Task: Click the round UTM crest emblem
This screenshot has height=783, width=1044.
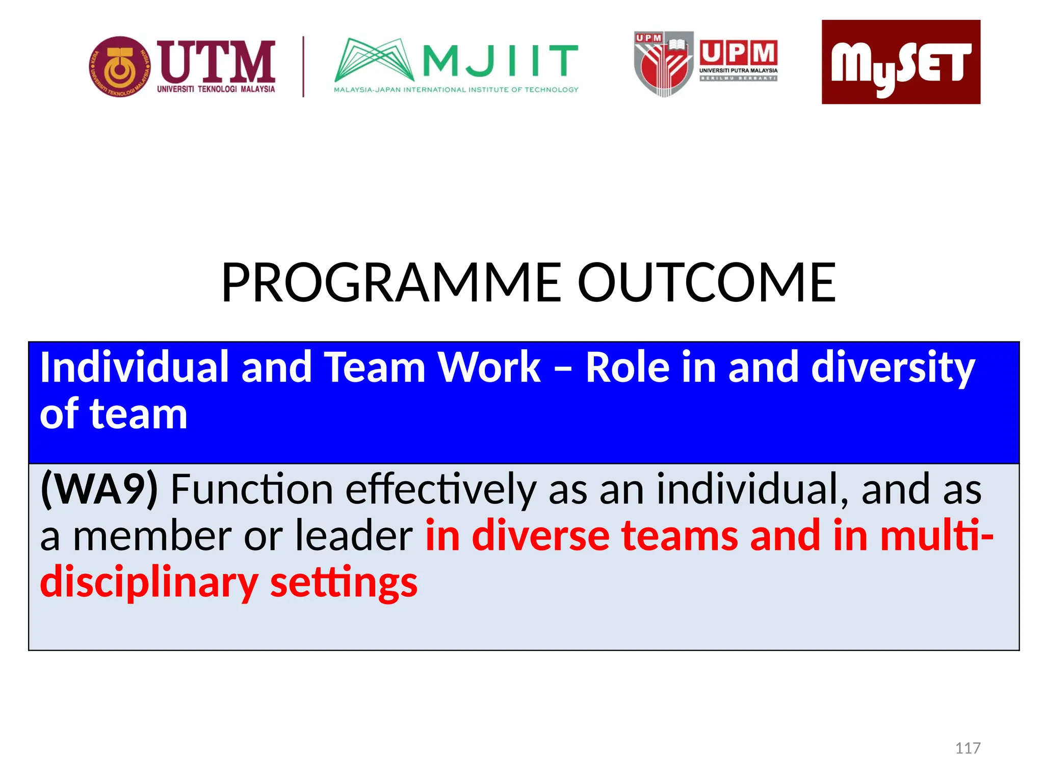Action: (x=120, y=66)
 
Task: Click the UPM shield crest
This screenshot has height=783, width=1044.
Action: (x=663, y=64)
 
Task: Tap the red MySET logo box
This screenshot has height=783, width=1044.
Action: (x=900, y=62)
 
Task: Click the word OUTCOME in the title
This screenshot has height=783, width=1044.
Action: (x=706, y=282)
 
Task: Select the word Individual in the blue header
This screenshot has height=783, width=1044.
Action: (x=134, y=367)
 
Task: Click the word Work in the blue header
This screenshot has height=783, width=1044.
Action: (x=489, y=367)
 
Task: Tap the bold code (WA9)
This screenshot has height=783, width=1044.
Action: (x=99, y=489)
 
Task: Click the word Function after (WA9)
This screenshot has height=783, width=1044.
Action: (x=252, y=489)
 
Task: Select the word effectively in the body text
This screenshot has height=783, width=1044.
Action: (x=440, y=489)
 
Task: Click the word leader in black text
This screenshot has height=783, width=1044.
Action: (x=354, y=536)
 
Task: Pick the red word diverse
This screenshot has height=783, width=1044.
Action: (x=540, y=536)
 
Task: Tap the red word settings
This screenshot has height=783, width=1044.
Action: (x=344, y=583)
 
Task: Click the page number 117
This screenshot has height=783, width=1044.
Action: (x=967, y=748)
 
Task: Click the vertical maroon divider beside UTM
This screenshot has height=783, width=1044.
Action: (x=303, y=66)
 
